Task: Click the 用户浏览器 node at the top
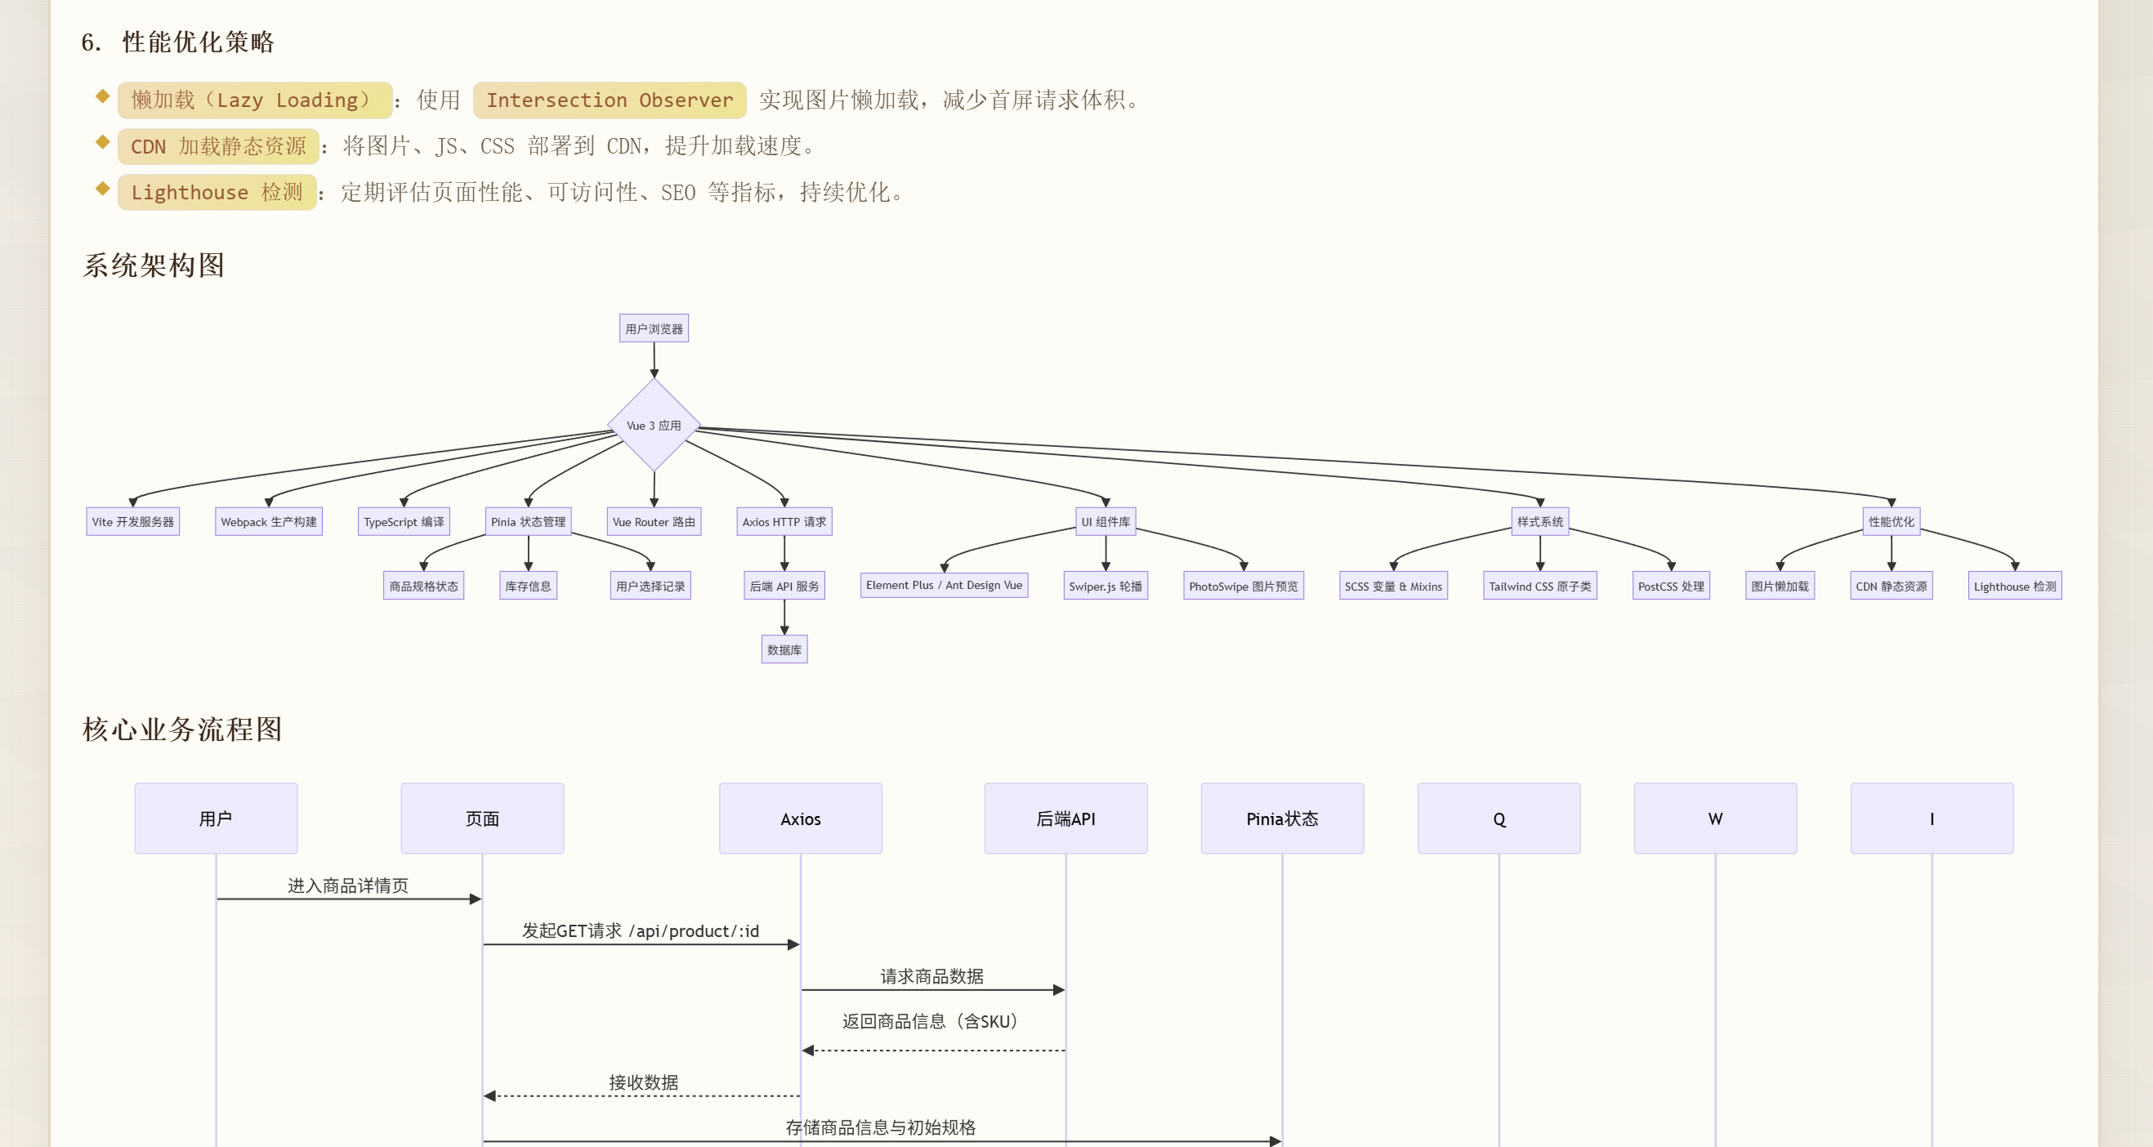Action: pos(654,328)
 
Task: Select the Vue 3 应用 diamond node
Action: pos(654,425)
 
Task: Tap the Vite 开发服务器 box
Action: pos(133,521)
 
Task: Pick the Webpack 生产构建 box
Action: pos(268,521)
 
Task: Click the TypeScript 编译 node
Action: pos(404,521)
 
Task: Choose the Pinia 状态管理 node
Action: pos(528,521)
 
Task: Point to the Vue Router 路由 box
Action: pos(654,521)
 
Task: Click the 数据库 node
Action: pos(784,649)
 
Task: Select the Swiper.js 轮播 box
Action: pos(1105,586)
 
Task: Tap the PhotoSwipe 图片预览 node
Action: pos(1243,586)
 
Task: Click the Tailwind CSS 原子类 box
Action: pos(1539,586)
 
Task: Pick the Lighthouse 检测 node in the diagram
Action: pos(2014,586)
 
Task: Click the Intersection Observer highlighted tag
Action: pos(610,100)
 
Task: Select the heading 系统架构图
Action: pos(154,265)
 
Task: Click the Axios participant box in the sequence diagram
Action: pos(800,818)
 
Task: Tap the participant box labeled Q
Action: pos(1499,818)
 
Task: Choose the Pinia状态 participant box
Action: pos(1282,818)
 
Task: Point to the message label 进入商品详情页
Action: pos(348,886)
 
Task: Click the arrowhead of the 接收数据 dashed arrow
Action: pos(489,1096)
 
